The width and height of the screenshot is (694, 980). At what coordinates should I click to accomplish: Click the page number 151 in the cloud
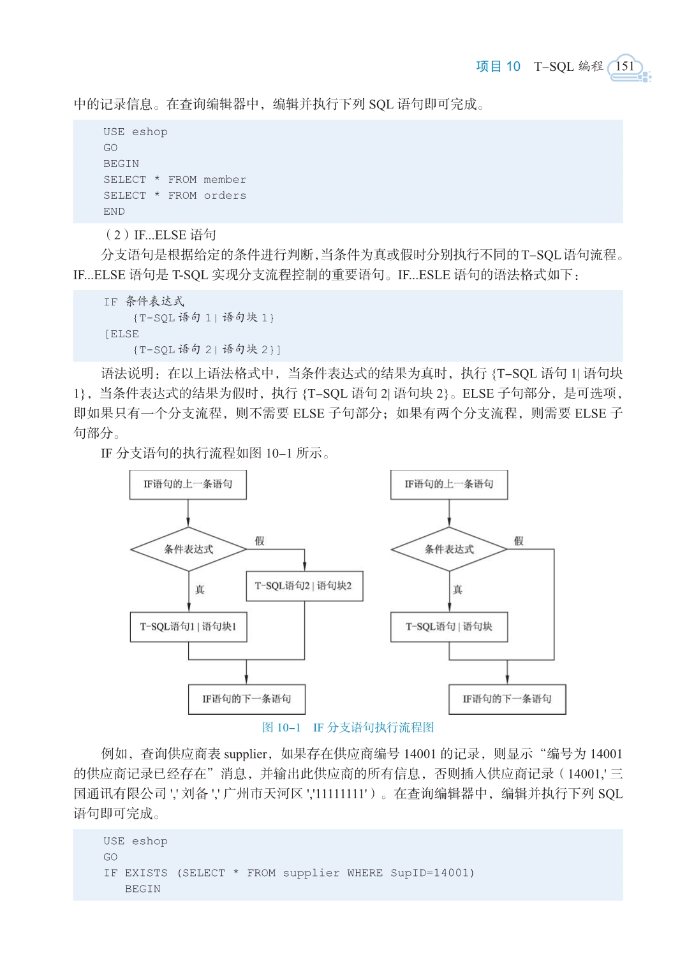coord(624,66)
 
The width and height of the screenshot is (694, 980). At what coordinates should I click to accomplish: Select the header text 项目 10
coord(498,66)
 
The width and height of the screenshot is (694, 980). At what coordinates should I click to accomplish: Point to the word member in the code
coord(225,179)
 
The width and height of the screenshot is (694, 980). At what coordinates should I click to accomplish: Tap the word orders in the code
coord(225,196)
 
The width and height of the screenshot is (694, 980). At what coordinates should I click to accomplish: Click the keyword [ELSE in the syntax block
coord(122,334)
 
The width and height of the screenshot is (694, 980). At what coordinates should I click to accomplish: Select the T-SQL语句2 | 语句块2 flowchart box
coord(304,586)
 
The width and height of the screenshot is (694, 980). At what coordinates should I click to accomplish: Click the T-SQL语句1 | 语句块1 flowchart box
coord(189,627)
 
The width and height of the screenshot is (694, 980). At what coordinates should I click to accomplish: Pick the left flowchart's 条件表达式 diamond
coord(189,549)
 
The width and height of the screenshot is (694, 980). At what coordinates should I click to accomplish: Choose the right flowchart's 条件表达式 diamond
coord(449,549)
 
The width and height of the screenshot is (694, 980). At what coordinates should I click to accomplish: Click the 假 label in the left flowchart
coord(260,541)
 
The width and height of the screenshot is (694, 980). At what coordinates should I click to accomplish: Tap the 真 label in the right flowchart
coord(458,589)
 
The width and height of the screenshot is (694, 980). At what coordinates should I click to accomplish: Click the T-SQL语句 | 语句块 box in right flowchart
coord(449,627)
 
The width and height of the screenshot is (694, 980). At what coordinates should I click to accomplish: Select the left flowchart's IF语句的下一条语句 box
coord(247,699)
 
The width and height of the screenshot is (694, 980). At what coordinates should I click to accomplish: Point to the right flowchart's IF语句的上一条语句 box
coord(449,485)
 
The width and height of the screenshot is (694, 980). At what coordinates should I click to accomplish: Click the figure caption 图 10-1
coord(281,728)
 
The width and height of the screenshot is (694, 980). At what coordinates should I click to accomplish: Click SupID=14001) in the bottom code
coord(432,873)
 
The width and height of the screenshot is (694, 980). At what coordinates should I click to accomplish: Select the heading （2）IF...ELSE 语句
coord(159,235)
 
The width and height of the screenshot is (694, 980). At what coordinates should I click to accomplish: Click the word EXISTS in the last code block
coord(146,873)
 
